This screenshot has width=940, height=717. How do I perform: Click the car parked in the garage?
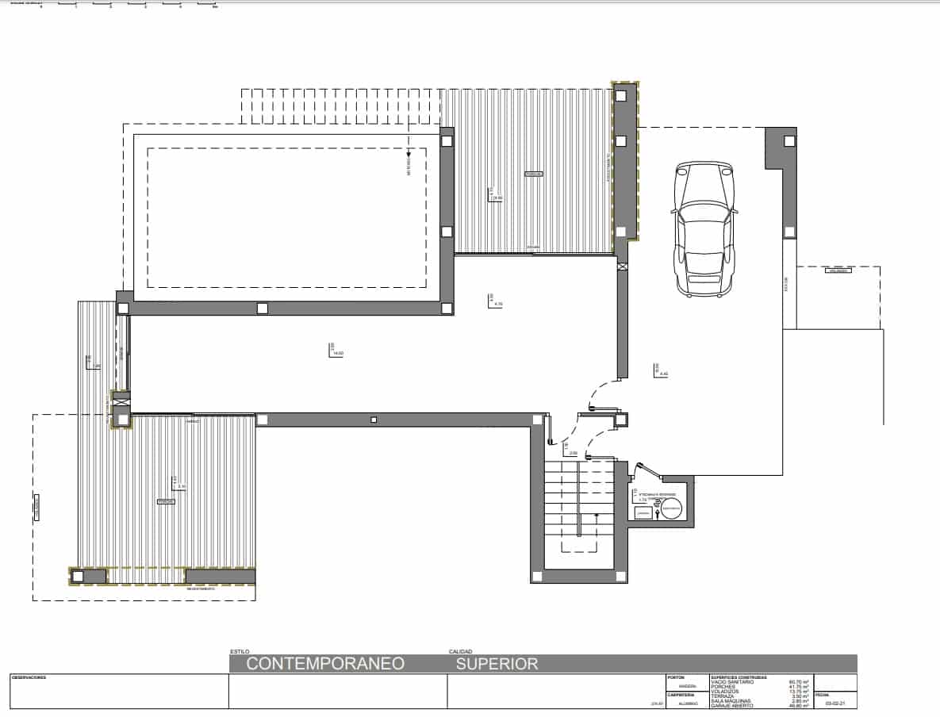pos(704,230)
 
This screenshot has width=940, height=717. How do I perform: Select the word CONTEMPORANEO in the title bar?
pos(325,664)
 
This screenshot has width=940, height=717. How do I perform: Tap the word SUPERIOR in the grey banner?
pos(497,664)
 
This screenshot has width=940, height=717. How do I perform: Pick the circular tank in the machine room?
pos(670,508)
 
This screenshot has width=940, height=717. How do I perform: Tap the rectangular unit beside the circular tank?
pos(643,513)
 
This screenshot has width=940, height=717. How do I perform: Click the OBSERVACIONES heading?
pos(29,677)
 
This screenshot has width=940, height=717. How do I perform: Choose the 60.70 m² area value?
pos(798,682)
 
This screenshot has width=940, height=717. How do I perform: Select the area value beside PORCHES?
pos(798,687)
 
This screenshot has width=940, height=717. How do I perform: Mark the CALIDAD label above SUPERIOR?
pos(461,651)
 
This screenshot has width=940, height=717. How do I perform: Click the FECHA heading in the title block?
pos(823,694)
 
